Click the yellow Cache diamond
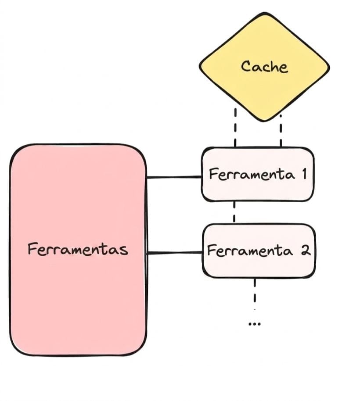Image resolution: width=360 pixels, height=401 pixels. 264,67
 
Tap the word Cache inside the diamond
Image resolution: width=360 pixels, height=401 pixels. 264,67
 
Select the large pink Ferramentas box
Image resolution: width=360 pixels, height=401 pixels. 78,250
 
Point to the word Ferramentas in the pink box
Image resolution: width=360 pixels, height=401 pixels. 78,249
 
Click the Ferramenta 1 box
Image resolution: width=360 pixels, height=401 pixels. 258,175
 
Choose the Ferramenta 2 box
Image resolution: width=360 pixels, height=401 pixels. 259,251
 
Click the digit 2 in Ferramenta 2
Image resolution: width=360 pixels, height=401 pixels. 306,250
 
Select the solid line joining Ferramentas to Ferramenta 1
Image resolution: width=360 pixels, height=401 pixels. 174,177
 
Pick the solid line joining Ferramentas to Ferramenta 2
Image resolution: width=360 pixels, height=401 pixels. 174,253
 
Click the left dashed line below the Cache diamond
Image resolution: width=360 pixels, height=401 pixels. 235,128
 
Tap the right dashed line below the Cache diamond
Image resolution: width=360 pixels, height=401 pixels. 281,131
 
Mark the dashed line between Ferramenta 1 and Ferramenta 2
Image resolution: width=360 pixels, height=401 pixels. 234,212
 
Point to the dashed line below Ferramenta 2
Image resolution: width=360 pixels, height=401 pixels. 255,294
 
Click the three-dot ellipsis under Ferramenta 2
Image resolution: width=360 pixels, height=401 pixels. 255,324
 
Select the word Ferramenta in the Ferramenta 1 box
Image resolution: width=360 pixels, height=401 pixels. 252,175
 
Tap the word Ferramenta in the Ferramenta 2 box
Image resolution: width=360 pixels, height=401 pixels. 250,251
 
